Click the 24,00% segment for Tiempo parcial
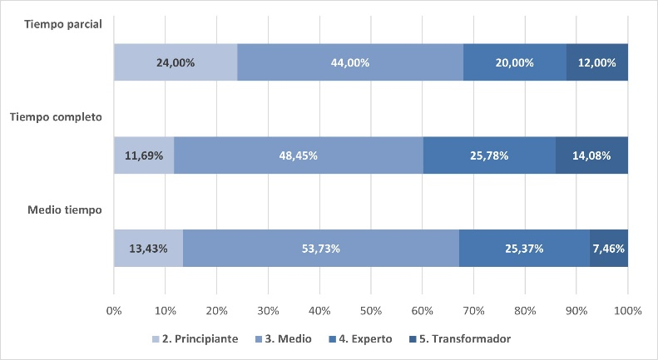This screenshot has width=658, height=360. pyautogui.click(x=176, y=62)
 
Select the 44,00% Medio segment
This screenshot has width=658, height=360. pyautogui.click(x=350, y=62)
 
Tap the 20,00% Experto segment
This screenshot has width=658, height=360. pyautogui.click(x=514, y=62)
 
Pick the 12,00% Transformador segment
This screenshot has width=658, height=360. pyautogui.click(x=597, y=62)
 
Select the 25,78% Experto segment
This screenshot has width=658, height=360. pyautogui.click(x=489, y=155)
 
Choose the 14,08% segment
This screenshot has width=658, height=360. pyautogui.click(x=591, y=155)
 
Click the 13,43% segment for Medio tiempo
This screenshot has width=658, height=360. pyautogui.click(x=148, y=248)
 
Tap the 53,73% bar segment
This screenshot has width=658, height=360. pyautogui.click(x=321, y=248)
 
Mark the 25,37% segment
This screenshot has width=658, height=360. pyautogui.click(x=524, y=248)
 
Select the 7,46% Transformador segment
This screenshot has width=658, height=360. pyautogui.click(x=609, y=248)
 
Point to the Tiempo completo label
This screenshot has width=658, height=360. pyautogui.click(x=56, y=117)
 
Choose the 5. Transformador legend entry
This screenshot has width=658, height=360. pyautogui.click(x=459, y=338)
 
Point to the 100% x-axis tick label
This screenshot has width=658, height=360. pyautogui.click(x=627, y=310)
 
